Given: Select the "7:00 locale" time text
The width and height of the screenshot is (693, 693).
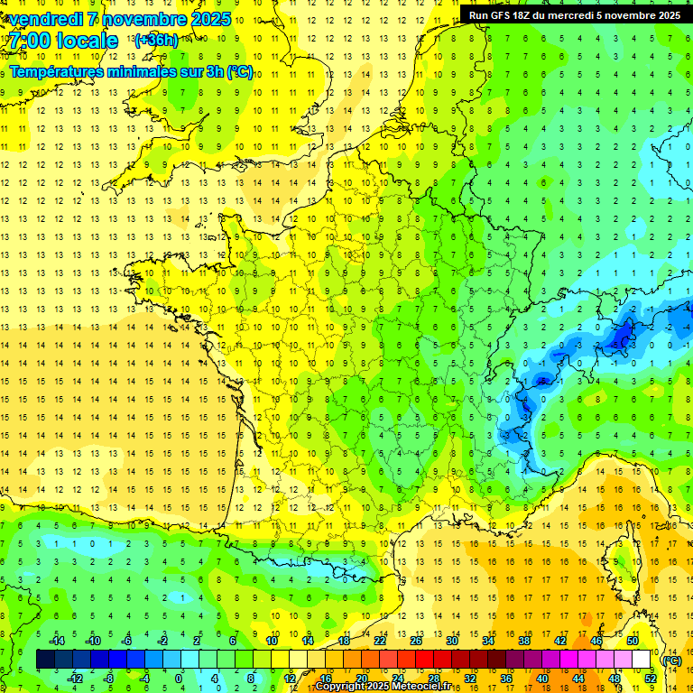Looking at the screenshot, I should pyautogui.click(x=64, y=41).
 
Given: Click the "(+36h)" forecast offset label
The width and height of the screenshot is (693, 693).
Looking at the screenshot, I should pyautogui.click(x=156, y=41).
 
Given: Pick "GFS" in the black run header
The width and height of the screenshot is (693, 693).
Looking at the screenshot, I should pyautogui.click(x=505, y=15).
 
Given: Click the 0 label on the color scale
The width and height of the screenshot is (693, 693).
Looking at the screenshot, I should pyautogui.click(x=178, y=679).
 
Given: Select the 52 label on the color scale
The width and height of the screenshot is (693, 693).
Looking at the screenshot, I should pyautogui.click(x=650, y=679).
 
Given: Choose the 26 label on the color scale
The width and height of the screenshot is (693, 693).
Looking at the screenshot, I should pyautogui.click(x=415, y=641).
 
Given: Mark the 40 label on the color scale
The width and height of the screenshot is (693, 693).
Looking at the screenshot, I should pyautogui.click(x=542, y=679).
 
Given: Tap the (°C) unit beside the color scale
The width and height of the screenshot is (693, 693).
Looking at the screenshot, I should pyautogui.click(x=671, y=660).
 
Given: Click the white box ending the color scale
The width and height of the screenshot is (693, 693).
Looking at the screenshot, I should pyautogui.click(x=642, y=660).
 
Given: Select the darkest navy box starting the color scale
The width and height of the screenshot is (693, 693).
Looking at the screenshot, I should pyautogui.click(x=45, y=660).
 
